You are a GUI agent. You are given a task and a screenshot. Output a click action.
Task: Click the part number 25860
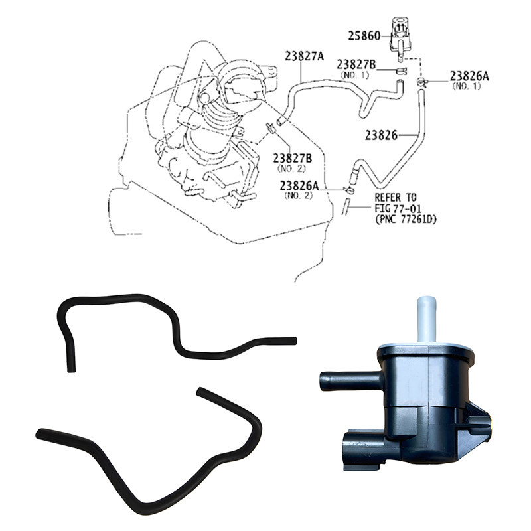364,36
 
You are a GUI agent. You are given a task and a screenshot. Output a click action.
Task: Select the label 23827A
304,56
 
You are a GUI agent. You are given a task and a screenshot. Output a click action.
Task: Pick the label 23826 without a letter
381,135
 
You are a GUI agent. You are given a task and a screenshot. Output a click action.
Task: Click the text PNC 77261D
406,220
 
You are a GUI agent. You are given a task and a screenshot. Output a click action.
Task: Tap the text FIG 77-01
398,208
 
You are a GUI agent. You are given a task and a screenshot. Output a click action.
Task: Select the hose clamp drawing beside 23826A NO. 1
421,81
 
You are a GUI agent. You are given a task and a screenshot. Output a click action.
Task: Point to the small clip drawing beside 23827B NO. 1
402,71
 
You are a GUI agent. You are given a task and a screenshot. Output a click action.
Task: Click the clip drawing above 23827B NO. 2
271,128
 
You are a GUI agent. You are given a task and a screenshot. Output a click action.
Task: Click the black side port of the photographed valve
350,381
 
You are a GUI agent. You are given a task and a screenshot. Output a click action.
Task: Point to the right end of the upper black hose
295,341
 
